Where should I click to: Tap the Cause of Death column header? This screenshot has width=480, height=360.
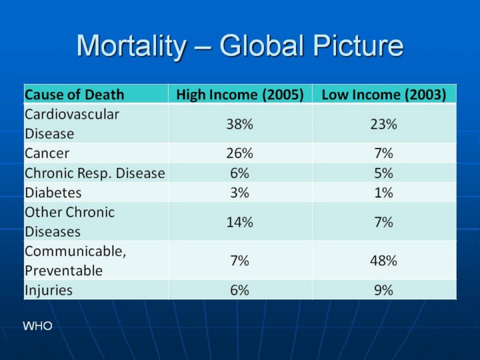[74, 94]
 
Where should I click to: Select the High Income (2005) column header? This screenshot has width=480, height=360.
[240, 94]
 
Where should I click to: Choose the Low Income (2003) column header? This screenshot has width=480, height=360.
[384, 94]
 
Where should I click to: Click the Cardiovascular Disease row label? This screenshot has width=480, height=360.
[72, 123]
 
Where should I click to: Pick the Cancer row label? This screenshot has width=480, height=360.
[47, 153]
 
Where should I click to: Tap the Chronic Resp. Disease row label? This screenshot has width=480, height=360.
[95, 173]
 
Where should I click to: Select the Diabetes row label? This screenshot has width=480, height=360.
[53, 193]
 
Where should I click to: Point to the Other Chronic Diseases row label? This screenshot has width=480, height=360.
[69, 222]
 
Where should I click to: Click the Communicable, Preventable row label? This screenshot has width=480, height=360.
[75, 261]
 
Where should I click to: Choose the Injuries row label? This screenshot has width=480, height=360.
[49, 290]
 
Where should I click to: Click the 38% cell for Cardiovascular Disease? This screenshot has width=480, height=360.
[240, 124]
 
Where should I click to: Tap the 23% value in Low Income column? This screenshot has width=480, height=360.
[384, 124]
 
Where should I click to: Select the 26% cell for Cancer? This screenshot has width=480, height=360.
[240, 153]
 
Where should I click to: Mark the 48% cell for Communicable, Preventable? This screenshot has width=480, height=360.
[384, 261]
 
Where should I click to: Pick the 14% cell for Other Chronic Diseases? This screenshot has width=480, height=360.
[240, 223]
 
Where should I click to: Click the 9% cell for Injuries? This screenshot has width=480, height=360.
[384, 290]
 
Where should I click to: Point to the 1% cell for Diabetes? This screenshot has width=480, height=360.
[384, 193]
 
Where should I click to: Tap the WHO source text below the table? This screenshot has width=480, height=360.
[37, 326]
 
